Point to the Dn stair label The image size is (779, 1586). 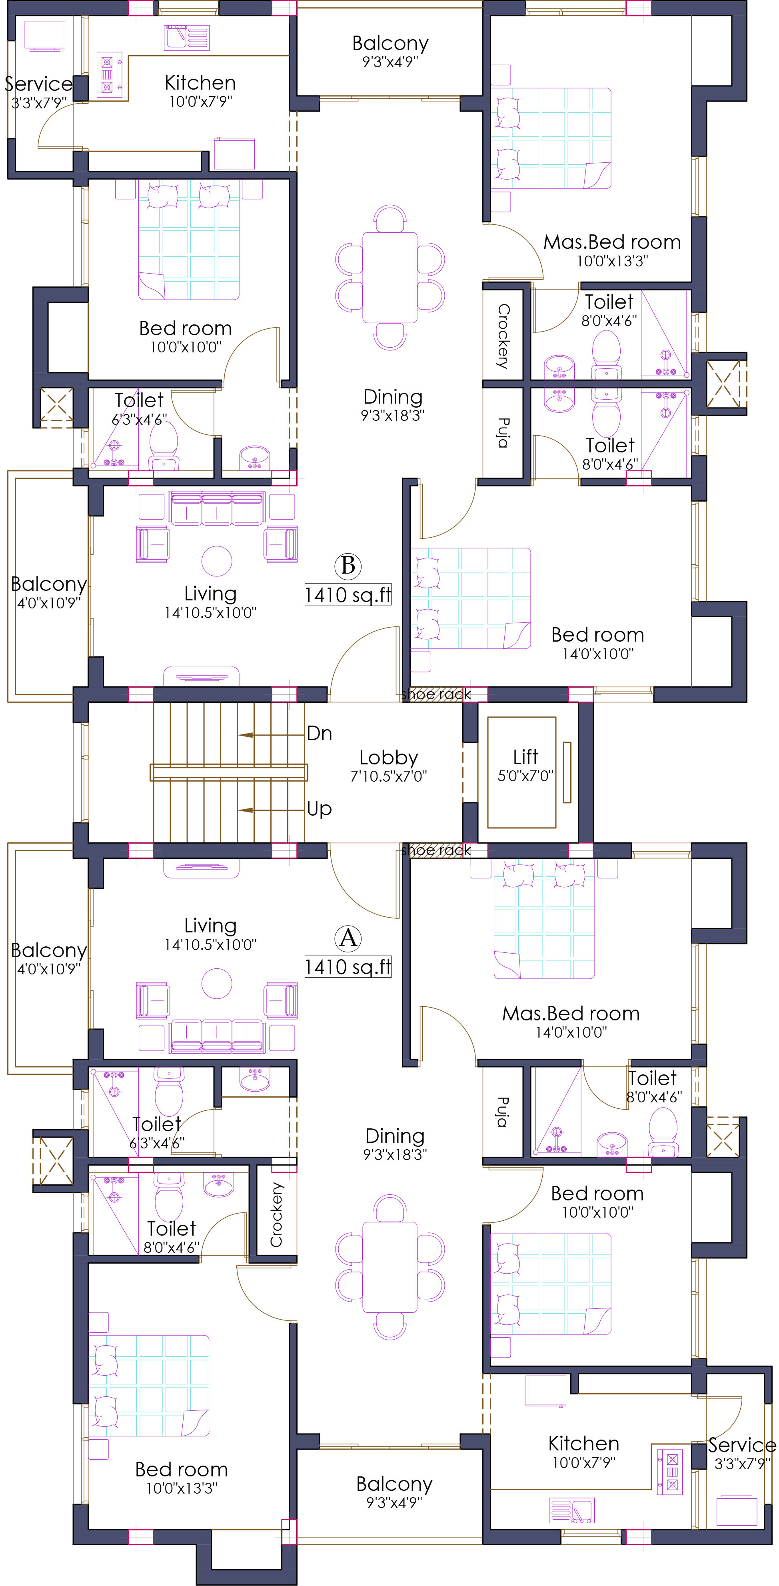[320, 733]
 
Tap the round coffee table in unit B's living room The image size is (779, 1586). [217, 561]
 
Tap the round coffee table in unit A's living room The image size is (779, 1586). [217, 983]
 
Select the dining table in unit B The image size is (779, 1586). [390, 277]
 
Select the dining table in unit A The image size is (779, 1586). [390, 1268]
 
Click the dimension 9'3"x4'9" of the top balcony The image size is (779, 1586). [390, 62]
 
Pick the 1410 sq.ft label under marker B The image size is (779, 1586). [348, 595]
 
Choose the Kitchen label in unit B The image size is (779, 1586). [200, 82]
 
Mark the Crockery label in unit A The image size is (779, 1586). [276, 1214]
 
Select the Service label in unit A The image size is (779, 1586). [742, 1444]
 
